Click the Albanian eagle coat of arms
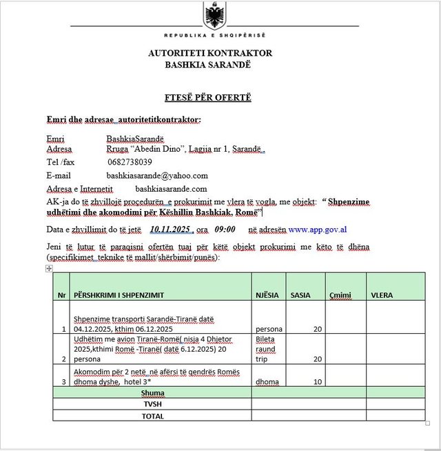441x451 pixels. [214, 14]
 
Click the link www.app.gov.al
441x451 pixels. [317, 229]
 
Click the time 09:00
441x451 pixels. [225, 229]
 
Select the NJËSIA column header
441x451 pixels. [267, 295]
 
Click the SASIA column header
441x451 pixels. [300, 295]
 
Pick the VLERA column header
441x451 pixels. [382, 295]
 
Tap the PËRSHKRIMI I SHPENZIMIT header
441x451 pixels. [119, 295]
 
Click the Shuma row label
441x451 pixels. [152, 392]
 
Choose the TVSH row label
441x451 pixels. [152, 404]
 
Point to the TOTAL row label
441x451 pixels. [152, 416]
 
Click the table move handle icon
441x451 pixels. [49, 268]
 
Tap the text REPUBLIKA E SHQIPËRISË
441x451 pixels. [214, 34]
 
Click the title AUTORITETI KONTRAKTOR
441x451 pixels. [209, 53]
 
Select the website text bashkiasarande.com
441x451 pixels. [171, 188]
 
